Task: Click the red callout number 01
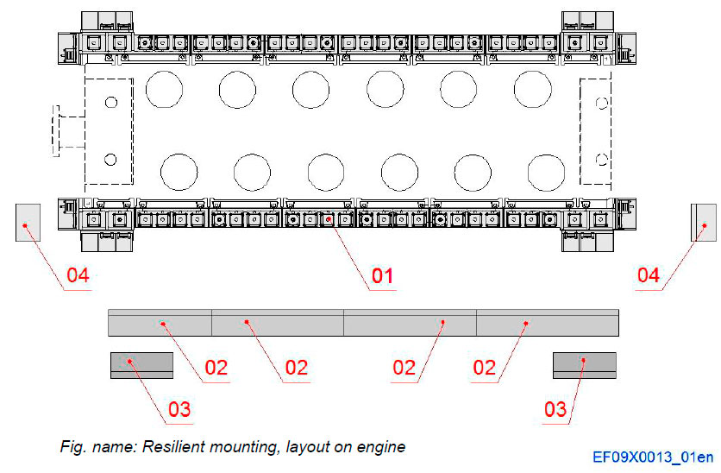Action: coord(382,276)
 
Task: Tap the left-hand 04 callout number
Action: coord(78,275)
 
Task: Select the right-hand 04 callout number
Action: coord(648,275)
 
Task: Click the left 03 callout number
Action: coord(179,408)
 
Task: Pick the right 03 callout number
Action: coord(555,408)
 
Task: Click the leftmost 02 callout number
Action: coord(216,368)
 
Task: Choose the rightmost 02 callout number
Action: coord(485,368)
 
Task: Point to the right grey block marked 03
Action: coord(584,364)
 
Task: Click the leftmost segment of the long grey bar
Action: coord(160,322)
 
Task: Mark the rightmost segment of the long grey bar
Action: coord(548,322)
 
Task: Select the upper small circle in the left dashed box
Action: coord(110,103)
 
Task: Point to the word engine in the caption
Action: coord(383,447)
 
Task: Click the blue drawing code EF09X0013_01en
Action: coord(653,457)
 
